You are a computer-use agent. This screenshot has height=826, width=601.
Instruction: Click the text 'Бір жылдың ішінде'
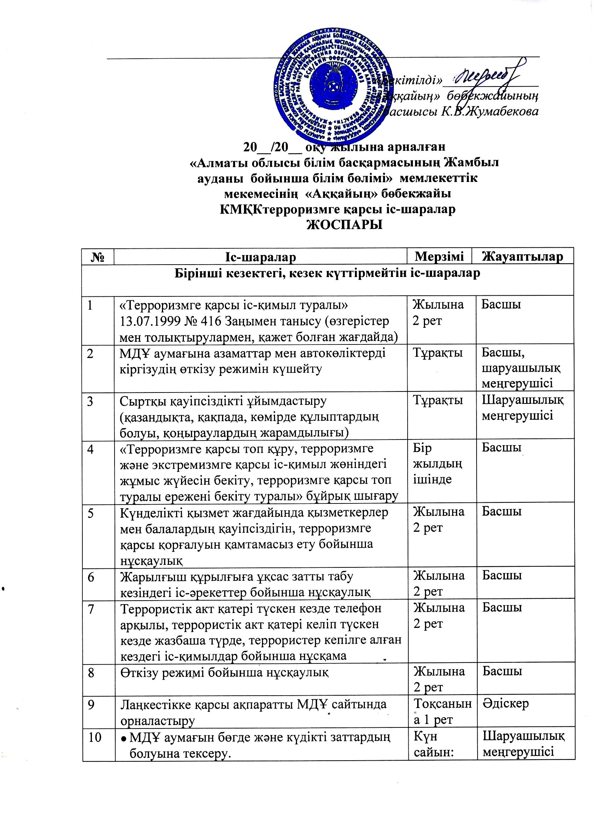(437, 464)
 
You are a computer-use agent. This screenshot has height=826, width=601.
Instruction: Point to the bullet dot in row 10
(123, 737)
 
